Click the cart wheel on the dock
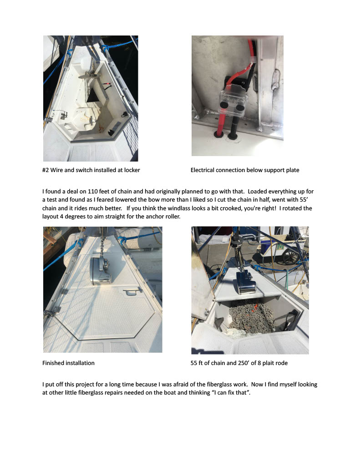[x=290, y=256]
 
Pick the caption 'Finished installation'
[x=68, y=363]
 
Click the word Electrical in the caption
[x=203, y=170]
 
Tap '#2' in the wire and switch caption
[x=46, y=170]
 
